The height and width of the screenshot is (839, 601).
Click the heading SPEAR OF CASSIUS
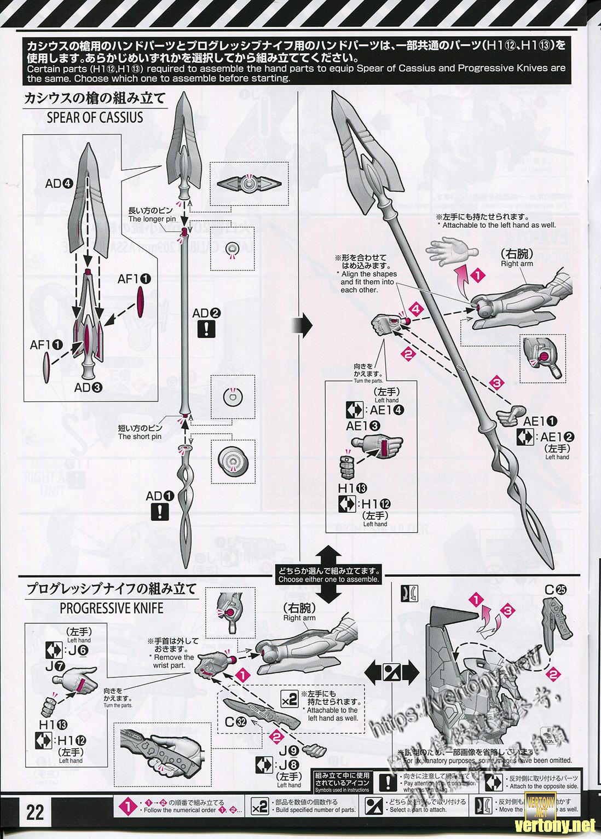point(95,118)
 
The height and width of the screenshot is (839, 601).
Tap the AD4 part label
point(59,184)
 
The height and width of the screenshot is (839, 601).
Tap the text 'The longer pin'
point(152,219)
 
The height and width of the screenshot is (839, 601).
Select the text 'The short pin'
point(140,436)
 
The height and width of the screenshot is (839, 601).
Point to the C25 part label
point(555,590)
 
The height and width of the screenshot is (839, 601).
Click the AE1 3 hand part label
point(360,425)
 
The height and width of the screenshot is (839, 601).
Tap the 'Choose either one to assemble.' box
point(328,575)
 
